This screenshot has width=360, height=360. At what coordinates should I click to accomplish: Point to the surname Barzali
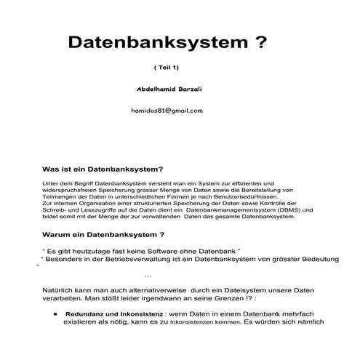[188, 88]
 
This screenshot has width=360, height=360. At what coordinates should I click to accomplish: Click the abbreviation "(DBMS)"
[283, 209]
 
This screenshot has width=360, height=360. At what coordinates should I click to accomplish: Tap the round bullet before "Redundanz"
[55, 313]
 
